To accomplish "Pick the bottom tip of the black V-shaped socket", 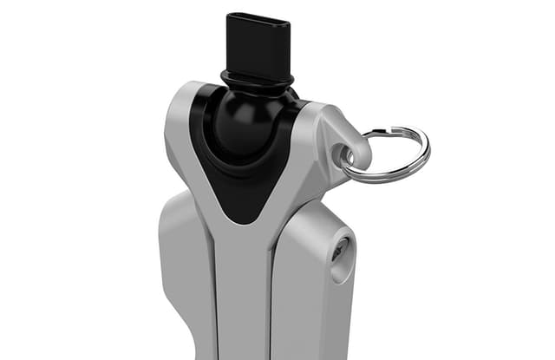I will coord(245,217).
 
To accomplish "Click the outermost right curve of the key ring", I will coord(428,154).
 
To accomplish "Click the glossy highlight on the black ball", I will coord(236,106).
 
